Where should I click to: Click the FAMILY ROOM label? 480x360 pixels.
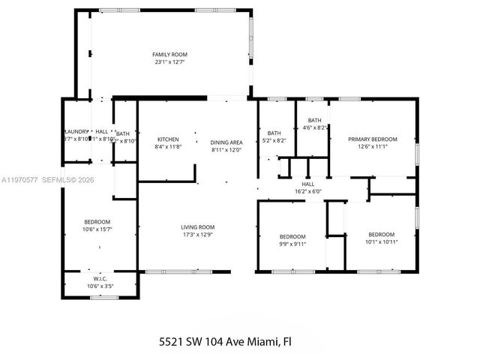(169, 55)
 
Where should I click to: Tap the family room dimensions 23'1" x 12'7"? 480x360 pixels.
(169, 63)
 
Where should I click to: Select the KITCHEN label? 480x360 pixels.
(167, 139)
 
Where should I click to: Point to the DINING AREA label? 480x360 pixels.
(226, 142)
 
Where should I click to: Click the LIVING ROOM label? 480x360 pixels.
(198, 227)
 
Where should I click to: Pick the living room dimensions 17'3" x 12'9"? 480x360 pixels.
(198, 235)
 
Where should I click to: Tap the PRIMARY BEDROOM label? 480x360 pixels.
(372, 139)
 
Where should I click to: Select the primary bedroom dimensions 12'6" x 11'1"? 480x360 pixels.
(372, 147)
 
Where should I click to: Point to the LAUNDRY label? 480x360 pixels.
(76, 131)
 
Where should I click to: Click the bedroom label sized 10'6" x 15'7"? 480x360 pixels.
(97, 221)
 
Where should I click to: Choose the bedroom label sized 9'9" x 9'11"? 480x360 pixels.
(292, 235)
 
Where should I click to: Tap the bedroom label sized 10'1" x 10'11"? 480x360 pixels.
(381, 233)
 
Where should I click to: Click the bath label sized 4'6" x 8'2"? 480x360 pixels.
(314, 120)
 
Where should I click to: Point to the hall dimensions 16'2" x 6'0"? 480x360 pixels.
(308, 191)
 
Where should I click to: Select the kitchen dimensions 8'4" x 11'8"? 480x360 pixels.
(167, 148)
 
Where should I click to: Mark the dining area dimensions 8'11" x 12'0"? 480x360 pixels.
(226, 150)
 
